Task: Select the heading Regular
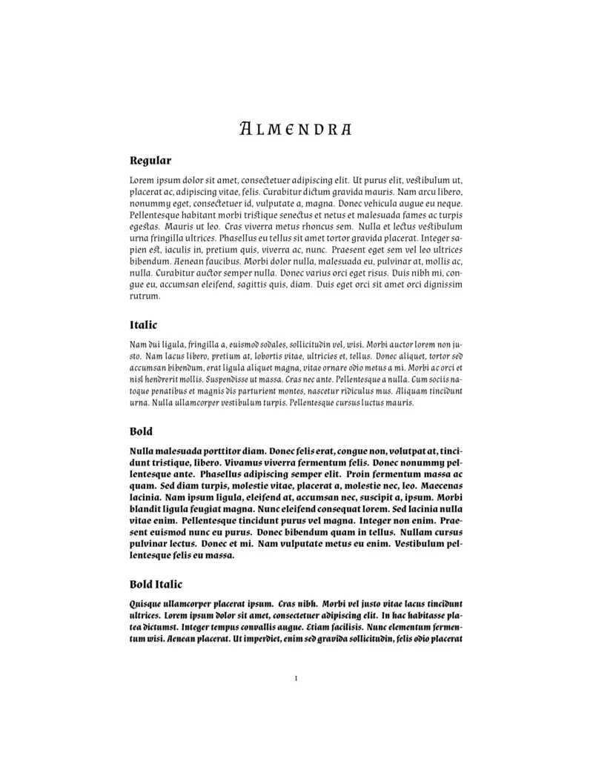[150, 160]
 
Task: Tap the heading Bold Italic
[156, 585]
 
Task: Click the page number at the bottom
[296, 678]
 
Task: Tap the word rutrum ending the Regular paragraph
[145, 296]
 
